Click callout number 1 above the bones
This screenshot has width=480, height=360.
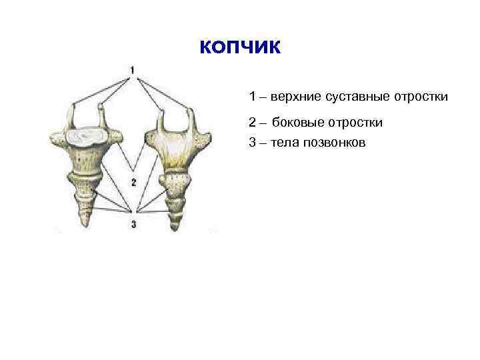coord(132,69)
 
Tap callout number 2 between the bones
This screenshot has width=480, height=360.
coord(133,181)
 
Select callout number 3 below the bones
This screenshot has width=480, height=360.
coord(133,225)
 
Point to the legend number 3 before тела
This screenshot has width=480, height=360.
coord(253,143)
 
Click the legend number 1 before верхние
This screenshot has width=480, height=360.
coord(253,97)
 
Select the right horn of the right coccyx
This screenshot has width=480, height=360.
coord(189,119)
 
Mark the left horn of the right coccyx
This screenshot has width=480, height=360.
coord(160,119)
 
